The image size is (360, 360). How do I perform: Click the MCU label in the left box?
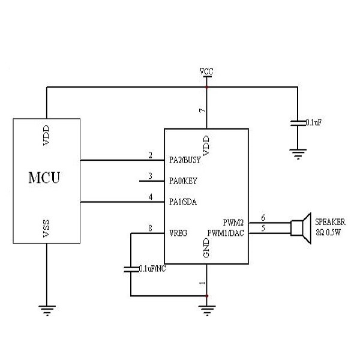(45, 178)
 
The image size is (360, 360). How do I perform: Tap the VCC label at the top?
(206, 71)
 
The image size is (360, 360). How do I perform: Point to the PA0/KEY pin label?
(184, 180)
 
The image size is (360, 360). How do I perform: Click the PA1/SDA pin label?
(184, 202)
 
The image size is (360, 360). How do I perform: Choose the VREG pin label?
(179, 232)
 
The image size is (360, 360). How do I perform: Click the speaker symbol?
(300, 227)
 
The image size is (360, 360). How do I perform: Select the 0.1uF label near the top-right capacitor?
(314, 122)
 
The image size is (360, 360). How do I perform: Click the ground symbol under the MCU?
(46, 310)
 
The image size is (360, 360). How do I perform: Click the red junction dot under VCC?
(206, 87)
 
